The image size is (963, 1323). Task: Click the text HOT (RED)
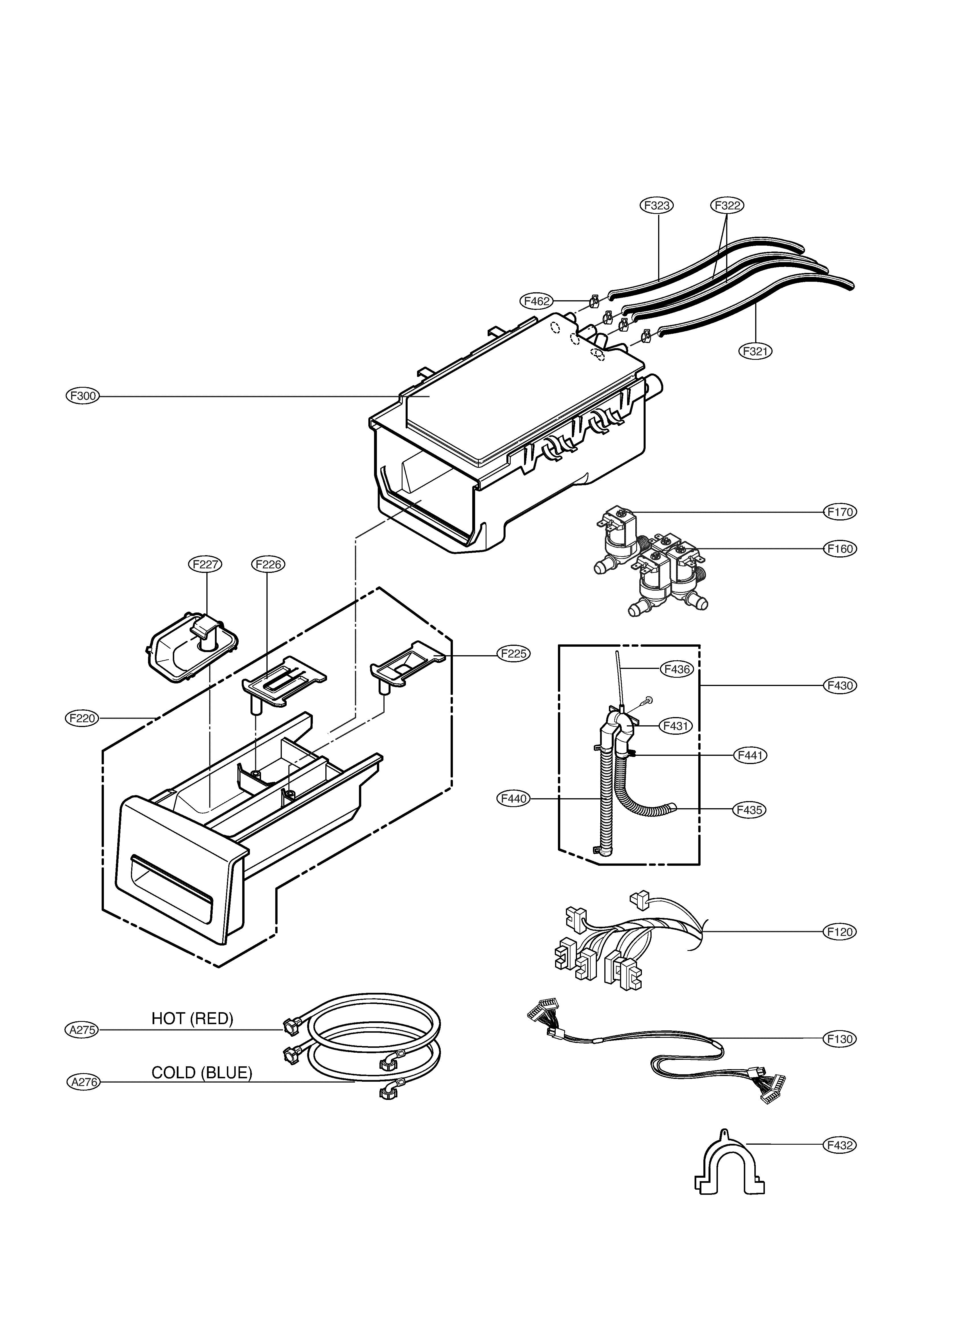[x=192, y=1018]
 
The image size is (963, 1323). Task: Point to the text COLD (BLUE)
[x=202, y=1073]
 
